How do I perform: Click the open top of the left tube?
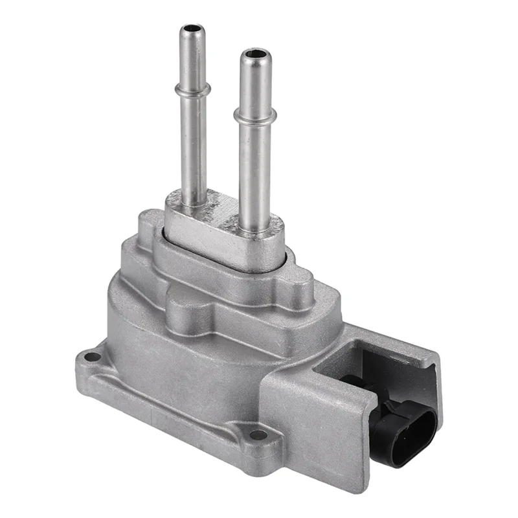coord(192,30)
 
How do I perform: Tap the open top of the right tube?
coord(254,53)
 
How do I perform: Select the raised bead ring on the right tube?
coord(254,117)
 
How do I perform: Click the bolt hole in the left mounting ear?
coord(93,357)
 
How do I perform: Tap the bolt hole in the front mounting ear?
coord(258,434)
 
